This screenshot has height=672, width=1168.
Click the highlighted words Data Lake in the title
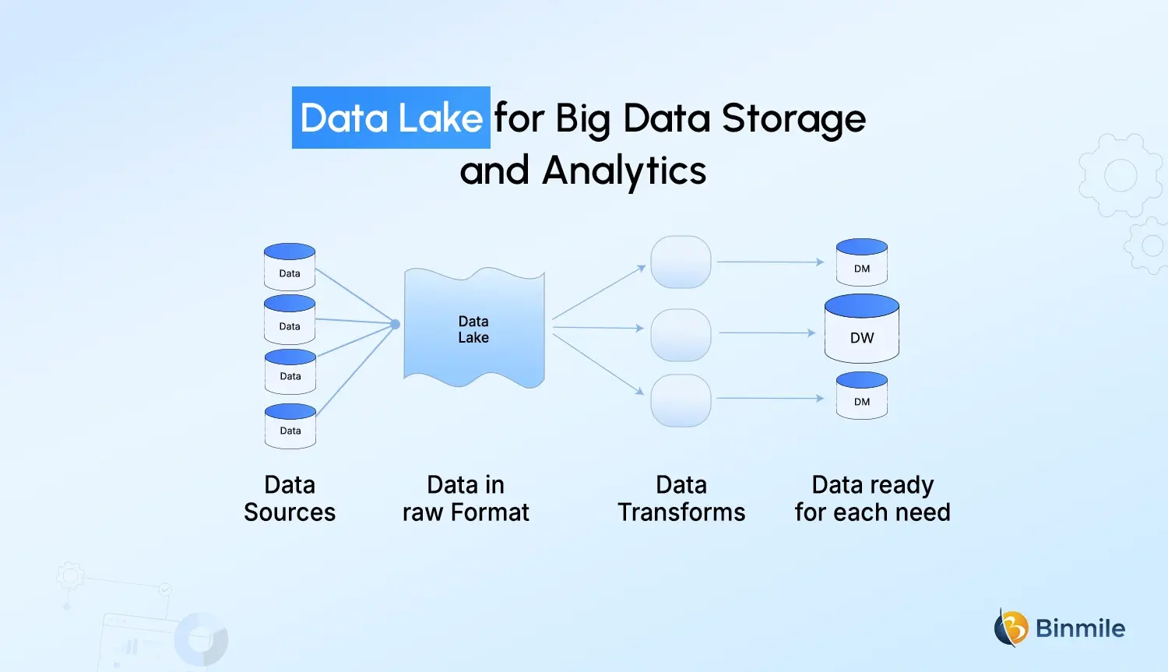click(391, 118)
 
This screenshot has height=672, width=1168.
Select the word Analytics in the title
click(624, 171)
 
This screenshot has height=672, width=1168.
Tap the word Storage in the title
click(793, 118)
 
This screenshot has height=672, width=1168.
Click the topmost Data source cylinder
click(290, 267)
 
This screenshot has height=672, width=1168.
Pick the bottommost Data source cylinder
click(290, 426)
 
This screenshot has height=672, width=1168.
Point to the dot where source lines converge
click(396, 324)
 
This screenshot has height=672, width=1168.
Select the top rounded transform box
click(681, 262)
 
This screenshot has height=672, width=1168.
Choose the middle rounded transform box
click(681, 335)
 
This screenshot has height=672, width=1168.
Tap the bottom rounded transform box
click(681, 400)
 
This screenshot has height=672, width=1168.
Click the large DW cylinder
click(862, 329)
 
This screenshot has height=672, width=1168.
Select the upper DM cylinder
click(862, 262)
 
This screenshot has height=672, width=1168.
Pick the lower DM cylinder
click(862, 396)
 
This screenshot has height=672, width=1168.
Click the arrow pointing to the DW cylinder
click(767, 333)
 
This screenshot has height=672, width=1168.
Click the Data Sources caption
click(290, 498)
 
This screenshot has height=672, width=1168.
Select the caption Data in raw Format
click(466, 498)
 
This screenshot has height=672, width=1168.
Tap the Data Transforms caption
click(681, 498)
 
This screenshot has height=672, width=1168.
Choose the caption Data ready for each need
click(872, 498)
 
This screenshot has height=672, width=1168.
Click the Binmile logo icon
click(1011, 628)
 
